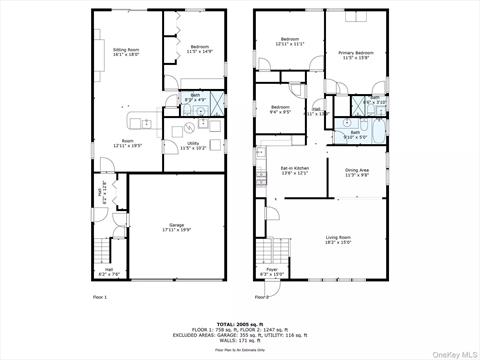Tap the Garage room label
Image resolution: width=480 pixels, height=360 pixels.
click(x=177, y=228)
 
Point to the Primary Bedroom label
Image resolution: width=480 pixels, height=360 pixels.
click(x=355, y=54)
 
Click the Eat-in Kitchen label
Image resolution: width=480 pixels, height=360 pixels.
click(x=294, y=170)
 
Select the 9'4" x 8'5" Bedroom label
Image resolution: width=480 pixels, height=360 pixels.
click(x=279, y=109)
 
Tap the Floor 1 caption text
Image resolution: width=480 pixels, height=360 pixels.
click(x=99, y=297)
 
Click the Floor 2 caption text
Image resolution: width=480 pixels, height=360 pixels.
click(x=262, y=297)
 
